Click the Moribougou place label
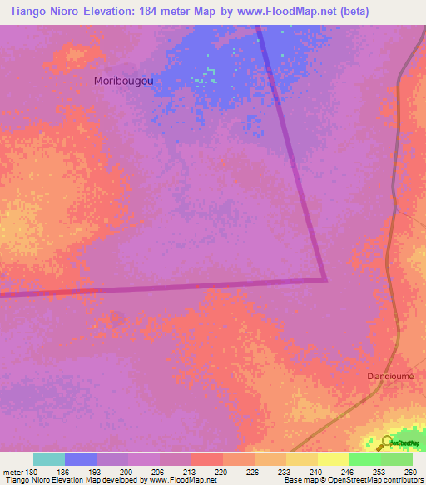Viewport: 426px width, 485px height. (129, 81)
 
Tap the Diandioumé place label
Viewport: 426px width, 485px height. (392, 376)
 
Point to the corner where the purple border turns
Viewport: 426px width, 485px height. (324, 278)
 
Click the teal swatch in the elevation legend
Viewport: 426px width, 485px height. (49, 459)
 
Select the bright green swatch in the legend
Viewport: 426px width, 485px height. (365, 459)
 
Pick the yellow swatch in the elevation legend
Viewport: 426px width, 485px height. (334, 459)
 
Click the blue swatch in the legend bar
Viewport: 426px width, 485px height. (81, 459)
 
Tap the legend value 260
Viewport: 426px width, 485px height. (411, 471)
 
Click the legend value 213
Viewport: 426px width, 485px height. (190, 471)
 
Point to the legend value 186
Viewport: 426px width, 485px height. (63, 471)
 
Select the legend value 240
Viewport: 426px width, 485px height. (316, 471)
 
